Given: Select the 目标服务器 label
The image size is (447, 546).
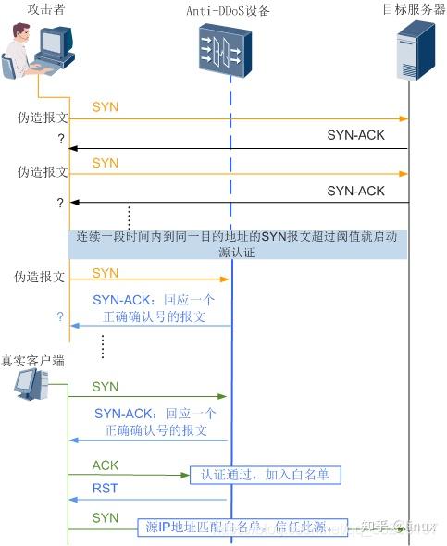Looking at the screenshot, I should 414,9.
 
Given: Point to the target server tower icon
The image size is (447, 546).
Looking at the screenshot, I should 413,54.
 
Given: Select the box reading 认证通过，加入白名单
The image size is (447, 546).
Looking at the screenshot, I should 266,475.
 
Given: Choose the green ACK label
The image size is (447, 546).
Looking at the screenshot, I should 106,465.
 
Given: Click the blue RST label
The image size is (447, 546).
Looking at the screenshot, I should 105,489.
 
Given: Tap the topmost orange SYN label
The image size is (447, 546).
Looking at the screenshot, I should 105,108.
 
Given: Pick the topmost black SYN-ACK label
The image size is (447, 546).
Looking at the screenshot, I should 355,135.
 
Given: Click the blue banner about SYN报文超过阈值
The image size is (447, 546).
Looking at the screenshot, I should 239,245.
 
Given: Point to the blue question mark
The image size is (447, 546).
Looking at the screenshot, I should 60,316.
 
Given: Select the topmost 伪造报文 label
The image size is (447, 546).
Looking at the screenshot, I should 43,118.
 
